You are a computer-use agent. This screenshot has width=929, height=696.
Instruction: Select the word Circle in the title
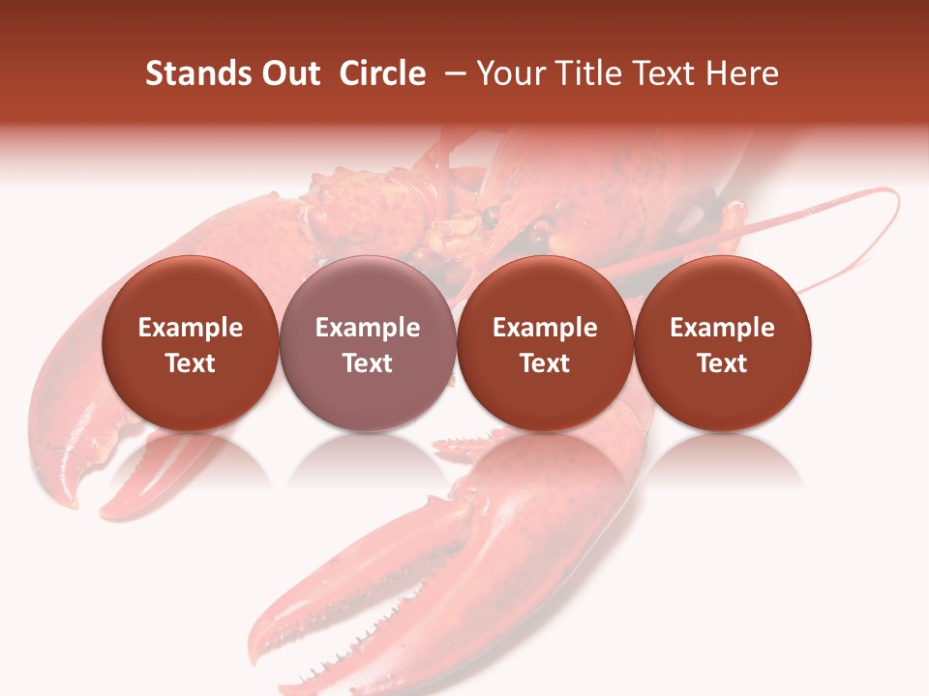(x=382, y=73)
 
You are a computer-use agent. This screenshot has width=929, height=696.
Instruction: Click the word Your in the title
(x=509, y=74)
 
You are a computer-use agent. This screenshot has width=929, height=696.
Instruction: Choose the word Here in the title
(x=742, y=73)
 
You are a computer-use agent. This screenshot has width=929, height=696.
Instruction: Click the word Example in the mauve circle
(x=368, y=328)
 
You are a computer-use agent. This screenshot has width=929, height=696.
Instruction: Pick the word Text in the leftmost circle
(x=190, y=363)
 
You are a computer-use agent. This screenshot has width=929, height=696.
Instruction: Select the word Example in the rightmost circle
(x=723, y=328)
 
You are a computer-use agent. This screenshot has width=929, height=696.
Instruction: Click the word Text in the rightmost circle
(x=723, y=363)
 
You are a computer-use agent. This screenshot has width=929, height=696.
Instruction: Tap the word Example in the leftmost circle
(x=190, y=328)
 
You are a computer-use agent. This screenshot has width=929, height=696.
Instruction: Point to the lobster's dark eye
(x=492, y=213)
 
